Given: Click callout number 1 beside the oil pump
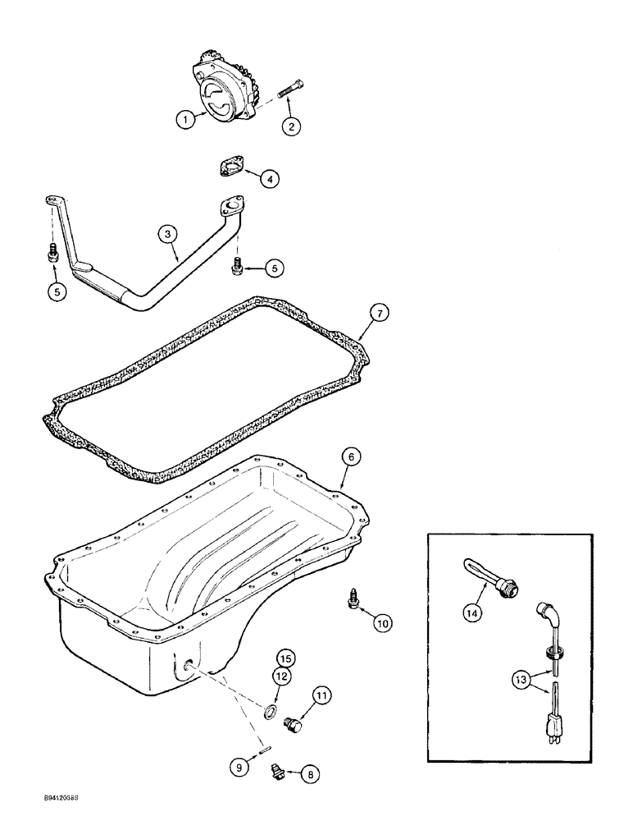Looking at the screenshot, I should pos(186,119).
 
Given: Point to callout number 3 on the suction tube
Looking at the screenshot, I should pos(167,234).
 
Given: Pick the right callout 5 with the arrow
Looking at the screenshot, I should pos(275,268).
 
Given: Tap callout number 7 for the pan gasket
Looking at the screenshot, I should pos(380,313).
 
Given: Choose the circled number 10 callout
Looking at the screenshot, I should pos(383,623).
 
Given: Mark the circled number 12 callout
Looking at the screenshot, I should pos(282,677).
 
